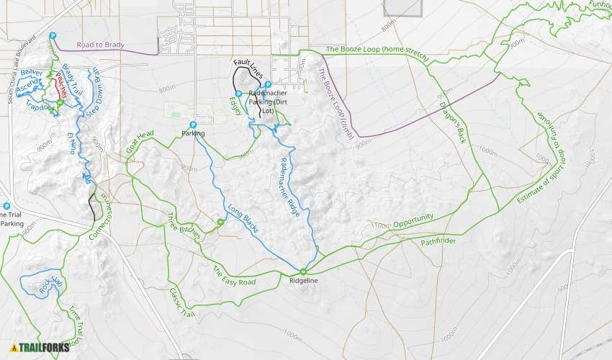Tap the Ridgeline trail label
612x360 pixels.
click(304, 280)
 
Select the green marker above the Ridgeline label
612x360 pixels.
click(303, 271)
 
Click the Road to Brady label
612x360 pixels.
click(100, 45)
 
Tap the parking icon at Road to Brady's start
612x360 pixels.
click(53, 36)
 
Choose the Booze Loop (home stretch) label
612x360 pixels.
click(377, 53)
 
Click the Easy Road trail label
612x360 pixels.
click(234, 276)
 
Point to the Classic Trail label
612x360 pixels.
click(181, 303)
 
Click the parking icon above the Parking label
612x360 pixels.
click(193, 125)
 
